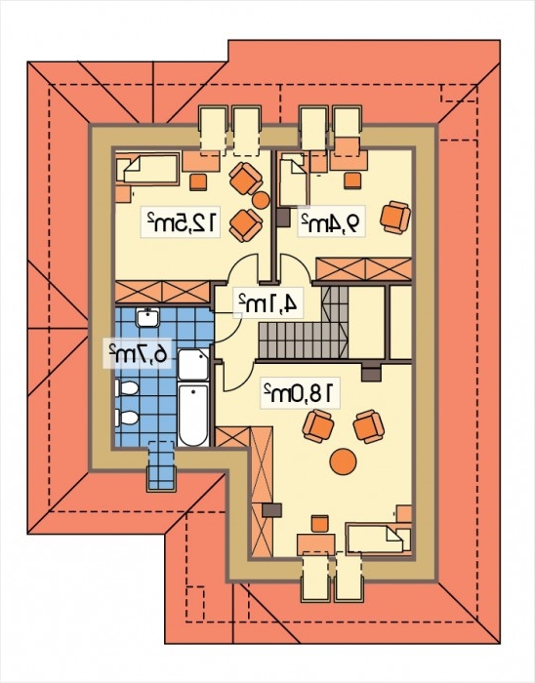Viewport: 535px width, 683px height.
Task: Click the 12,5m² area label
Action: [181, 221]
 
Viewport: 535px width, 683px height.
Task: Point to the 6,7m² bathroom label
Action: [138, 352]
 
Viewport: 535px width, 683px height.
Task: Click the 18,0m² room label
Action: [300, 393]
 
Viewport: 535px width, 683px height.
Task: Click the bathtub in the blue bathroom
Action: [193, 415]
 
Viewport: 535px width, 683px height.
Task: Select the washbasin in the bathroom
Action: [149, 317]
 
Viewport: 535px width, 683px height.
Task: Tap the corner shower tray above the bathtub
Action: [193, 365]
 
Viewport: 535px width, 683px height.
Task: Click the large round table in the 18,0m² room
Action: [344, 462]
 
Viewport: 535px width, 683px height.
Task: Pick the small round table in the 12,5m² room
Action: [262, 200]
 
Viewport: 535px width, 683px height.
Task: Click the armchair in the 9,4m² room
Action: [395, 218]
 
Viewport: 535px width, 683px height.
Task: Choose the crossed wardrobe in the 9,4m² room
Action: [364, 268]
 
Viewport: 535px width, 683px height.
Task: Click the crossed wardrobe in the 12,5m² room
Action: [163, 292]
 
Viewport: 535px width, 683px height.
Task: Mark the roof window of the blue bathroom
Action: [162, 465]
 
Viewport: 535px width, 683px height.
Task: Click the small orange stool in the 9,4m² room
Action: [352, 181]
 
